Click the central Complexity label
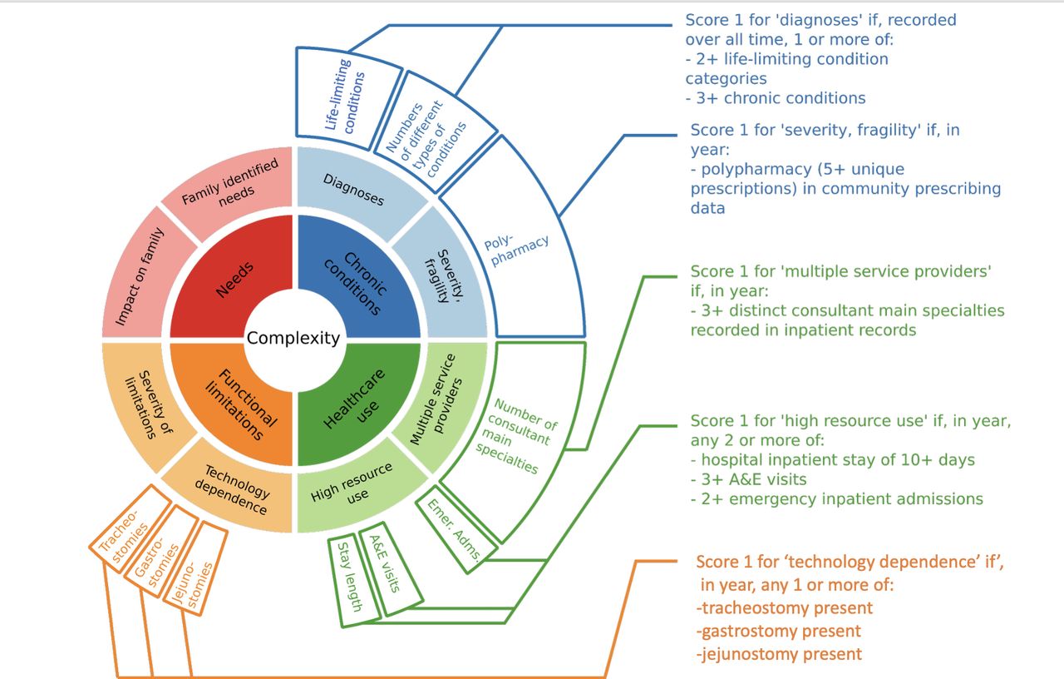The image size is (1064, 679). coord(293,338)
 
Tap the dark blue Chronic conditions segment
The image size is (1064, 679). coord(357,280)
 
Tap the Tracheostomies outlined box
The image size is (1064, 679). coord(129,528)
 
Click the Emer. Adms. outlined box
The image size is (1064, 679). coord(456,529)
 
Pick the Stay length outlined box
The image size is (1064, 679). coord(354,582)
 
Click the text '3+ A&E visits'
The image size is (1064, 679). coord(749,479)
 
